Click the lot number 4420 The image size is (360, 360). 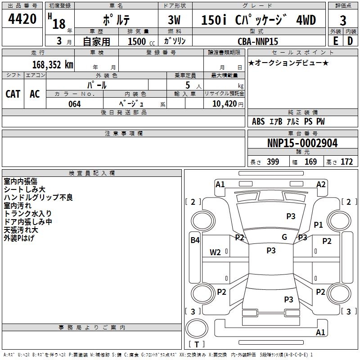pos(22,19)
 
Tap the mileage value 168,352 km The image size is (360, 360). pos(52,64)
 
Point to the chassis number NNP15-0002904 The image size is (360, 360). pos(302,143)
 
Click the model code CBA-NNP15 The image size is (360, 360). pos(258,41)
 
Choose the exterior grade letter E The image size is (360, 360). pos(335,41)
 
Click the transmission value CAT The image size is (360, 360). pos(13,94)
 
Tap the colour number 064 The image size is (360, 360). pos(74,104)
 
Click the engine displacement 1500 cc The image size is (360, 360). pos(137,41)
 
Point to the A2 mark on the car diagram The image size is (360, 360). pos(321,184)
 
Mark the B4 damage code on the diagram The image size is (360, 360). pos(195,240)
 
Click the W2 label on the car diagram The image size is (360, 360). pos(215,252)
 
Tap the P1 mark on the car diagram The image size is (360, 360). pos(319,225)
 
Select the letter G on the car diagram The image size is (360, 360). pos(284,237)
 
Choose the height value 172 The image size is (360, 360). pos(346,162)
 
